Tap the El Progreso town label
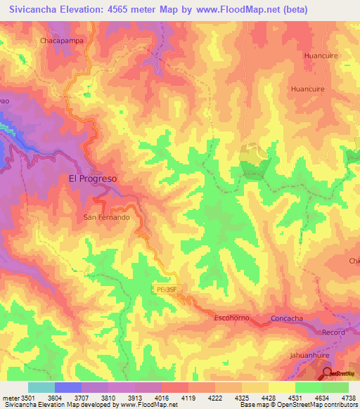coord(93,178)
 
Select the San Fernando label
coord(107,218)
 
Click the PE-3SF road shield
coord(165,288)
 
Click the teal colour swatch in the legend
coord(41,387)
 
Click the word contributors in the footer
coord(339,405)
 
